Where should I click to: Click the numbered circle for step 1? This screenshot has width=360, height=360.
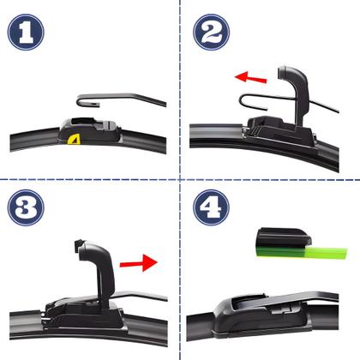tap(26, 33)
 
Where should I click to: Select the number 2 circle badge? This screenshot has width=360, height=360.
tap(212, 33)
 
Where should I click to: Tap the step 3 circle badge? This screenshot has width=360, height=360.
tap(26, 207)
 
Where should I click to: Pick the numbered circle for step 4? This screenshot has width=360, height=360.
tap(212, 207)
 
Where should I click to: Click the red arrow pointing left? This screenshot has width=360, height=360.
tap(250, 77)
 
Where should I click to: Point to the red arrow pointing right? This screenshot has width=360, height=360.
tap(139, 263)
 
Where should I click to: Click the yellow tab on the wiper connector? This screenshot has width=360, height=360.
tap(74, 139)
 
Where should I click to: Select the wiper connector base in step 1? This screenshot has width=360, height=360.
tap(88, 130)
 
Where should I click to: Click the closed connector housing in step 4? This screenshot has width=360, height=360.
tap(260, 315)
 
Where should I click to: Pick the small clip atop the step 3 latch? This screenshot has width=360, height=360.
tap(79, 244)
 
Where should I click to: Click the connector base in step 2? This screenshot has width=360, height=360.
tap(281, 135)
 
